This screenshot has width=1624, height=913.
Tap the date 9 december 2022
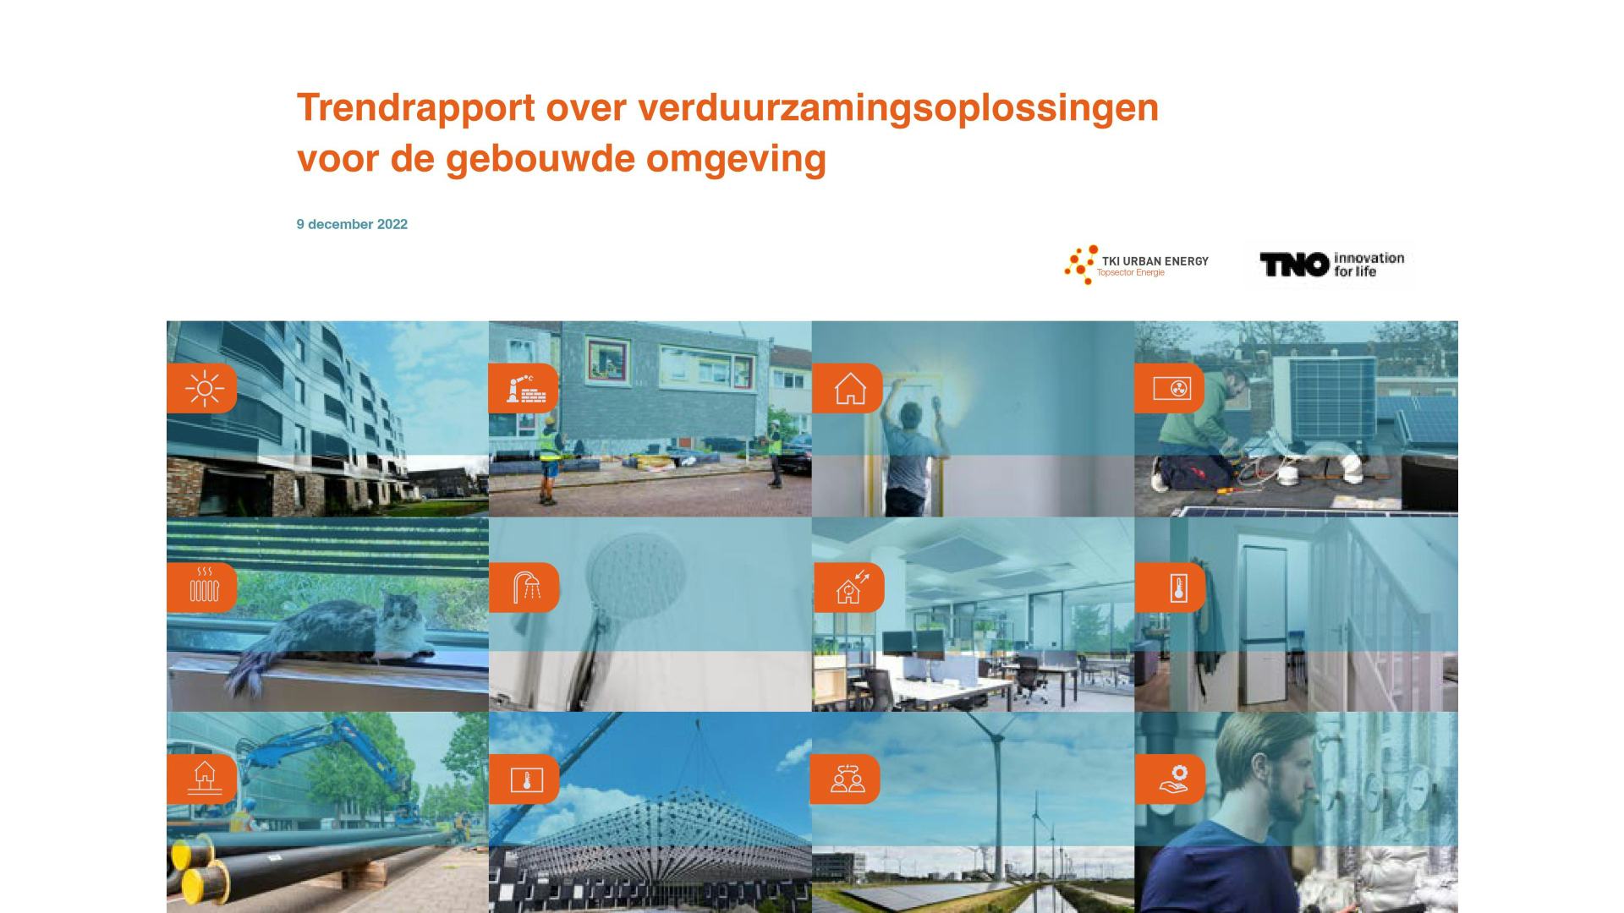352,224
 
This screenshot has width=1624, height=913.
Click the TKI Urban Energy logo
1136,265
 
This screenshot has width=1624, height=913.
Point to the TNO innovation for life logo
1331,265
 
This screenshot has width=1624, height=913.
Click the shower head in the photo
636,571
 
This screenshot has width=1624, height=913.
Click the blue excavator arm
321,752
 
